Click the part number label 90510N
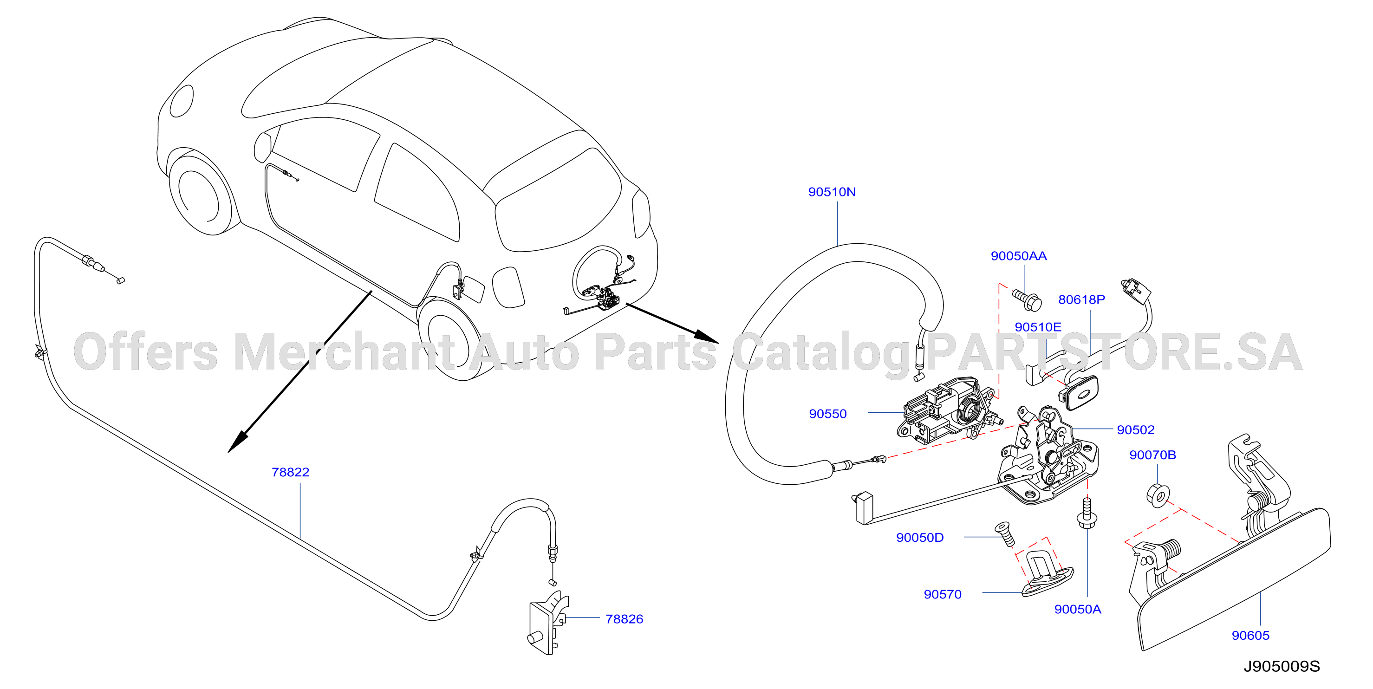(832, 192)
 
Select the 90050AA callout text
(1019, 256)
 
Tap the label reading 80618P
(1081, 299)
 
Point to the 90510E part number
(1038, 327)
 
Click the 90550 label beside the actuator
(828, 414)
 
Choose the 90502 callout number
(1136, 429)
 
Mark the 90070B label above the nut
(1152, 455)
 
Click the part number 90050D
(920, 537)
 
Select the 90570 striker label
(942, 594)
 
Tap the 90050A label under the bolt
(1078, 609)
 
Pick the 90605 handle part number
(1250, 635)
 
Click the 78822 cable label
(291, 472)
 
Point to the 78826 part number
(624, 619)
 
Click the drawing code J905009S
(1282, 666)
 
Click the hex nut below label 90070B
(1158, 495)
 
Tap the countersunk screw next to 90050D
(1005, 534)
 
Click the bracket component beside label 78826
(548, 623)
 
